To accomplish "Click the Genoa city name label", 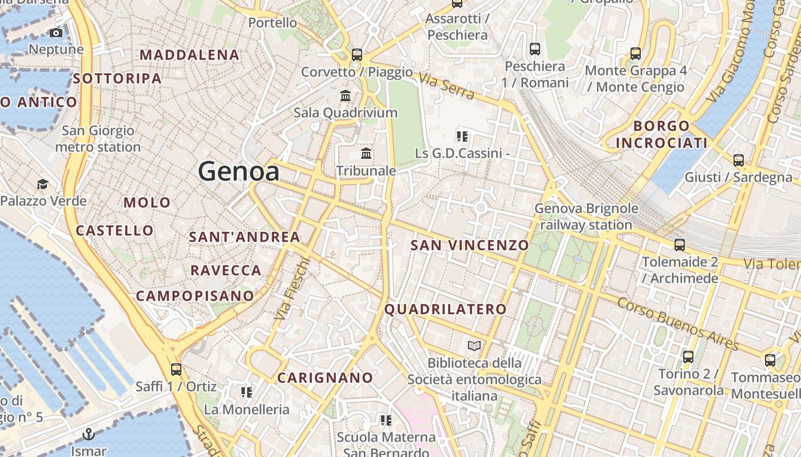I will pyautogui.click(x=239, y=171).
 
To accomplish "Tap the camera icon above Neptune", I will pyautogui.click(x=56, y=33).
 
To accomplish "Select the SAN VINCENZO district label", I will pyautogui.click(x=470, y=246).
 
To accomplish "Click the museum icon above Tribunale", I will pyautogui.click(x=366, y=154).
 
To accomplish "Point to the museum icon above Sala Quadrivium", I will pyautogui.click(x=346, y=95).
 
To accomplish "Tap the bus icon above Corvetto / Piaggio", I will pyautogui.click(x=357, y=55).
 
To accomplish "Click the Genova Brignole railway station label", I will pyautogui.click(x=586, y=217).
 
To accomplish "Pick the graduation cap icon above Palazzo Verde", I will pyautogui.click(x=43, y=184).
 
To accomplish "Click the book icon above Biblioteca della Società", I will pyautogui.click(x=474, y=346).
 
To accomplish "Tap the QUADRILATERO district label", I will pyautogui.click(x=445, y=310).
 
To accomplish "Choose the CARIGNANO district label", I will pyautogui.click(x=325, y=378).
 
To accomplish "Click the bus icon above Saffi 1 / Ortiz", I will pyautogui.click(x=176, y=370).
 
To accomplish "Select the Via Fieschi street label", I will pyautogui.click(x=292, y=288).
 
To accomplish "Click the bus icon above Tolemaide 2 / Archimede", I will pyautogui.click(x=680, y=245).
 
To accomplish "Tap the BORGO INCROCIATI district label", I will pyautogui.click(x=661, y=134).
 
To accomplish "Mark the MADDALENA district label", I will pyautogui.click(x=189, y=55).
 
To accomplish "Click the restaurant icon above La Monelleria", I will pyautogui.click(x=247, y=392).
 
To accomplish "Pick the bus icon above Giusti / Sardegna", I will pyautogui.click(x=739, y=161).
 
